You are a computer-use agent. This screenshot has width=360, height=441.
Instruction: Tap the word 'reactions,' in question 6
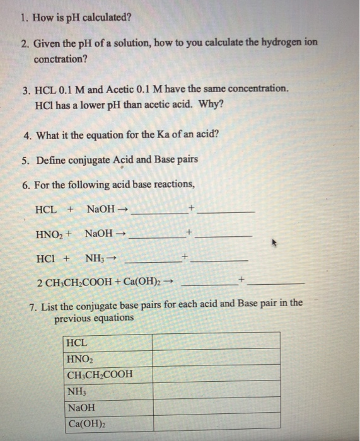point(173,184)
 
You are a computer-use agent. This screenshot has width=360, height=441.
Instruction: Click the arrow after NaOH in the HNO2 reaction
point(122,234)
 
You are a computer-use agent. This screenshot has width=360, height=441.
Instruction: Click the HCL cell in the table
point(108,341)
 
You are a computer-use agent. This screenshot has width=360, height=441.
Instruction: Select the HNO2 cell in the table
point(108,358)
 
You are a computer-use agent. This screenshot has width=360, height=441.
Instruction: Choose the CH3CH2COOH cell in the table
point(108,374)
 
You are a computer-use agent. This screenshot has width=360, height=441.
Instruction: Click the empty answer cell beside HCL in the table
point(216,341)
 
